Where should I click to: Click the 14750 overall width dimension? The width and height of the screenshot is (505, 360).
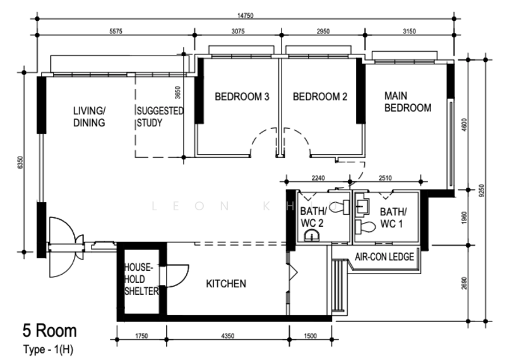pyautogui.click(x=246, y=15)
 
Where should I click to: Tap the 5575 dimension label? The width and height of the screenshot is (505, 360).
pyautogui.click(x=116, y=31)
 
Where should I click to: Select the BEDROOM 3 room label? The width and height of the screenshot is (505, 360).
pyautogui.click(x=242, y=97)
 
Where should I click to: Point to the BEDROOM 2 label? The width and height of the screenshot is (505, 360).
pyautogui.click(x=320, y=97)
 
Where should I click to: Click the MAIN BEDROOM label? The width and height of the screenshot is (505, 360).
pyautogui.click(x=408, y=102)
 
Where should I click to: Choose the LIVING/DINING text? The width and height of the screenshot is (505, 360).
pyautogui.click(x=89, y=117)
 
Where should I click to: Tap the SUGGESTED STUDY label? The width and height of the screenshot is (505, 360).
pyautogui.click(x=160, y=117)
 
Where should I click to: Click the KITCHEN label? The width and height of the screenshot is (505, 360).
pyautogui.click(x=226, y=284)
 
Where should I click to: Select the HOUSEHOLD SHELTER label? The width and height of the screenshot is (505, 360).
pyautogui.click(x=141, y=279)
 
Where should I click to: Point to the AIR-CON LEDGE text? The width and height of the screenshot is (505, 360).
pyautogui.click(x=384, y=257)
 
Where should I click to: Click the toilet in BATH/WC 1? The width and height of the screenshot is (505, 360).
pyautogui.click(x=365, y=227)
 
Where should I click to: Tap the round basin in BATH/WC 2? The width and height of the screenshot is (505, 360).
pyautogui.click(x=312, y=236)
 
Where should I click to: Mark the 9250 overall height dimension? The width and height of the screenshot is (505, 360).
pyautogui.click(x=482, y=191)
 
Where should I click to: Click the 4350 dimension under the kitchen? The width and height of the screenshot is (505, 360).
pyautogui.click(x=228, y=336)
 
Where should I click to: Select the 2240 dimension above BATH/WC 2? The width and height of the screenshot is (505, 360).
pyautogui.click(x=318, y=178)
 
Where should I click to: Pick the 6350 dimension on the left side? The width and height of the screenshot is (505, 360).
pyautogui.click(x=20, y=162)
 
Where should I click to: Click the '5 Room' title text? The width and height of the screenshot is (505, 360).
pyautogui.click(x=50, y=331)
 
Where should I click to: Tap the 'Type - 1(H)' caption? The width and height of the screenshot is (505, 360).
pyautogui.click(x=48, y=349)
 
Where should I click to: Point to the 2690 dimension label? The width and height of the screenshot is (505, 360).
pyautogui.click(x=464, y=284)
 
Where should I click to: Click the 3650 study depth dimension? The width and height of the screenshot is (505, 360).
pyautogui.click(x=177, y=92)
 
